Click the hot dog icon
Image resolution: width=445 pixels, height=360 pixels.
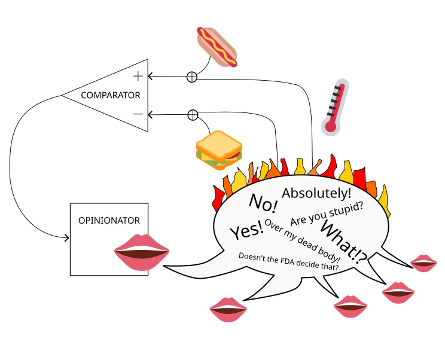[x=217, y=46]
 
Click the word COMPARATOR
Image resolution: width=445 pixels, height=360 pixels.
[x=111, y=95]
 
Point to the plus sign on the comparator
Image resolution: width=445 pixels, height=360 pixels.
[x=138, y=76]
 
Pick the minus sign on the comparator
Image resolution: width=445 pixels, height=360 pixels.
[x=138, y=114]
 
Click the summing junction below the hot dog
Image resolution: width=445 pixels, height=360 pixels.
[x=192, y=77]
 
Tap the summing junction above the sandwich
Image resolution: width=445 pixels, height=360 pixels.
[x=193, y=115]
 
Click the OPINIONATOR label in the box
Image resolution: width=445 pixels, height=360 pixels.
[x=109, y=220]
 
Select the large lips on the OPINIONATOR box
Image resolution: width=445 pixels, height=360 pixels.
[x=141, y=252]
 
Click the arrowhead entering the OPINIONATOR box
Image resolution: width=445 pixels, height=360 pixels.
[x=66, y=238]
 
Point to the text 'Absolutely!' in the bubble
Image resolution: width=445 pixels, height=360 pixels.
[x=316, y=193]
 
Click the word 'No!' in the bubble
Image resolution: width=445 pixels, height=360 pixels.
[x=263, y=203]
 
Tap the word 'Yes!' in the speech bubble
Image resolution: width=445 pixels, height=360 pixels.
[x=246, y=229]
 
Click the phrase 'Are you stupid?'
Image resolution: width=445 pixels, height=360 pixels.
[x=327, y=213]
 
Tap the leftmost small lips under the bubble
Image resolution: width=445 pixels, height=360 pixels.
[x=228, y=310]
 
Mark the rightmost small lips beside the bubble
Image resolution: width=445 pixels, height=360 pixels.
[x=423, y=263]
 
